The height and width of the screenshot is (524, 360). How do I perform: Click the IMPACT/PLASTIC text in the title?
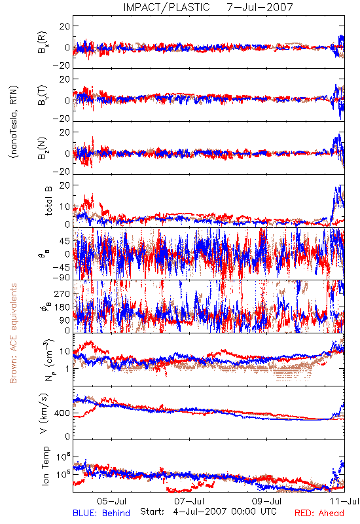166,7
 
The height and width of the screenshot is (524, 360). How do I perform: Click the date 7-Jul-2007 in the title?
260,7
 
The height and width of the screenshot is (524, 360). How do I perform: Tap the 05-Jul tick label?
111,501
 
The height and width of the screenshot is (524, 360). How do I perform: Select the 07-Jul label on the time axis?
189,501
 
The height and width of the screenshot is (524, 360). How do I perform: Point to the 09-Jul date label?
267,501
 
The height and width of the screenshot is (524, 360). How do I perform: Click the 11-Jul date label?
344,501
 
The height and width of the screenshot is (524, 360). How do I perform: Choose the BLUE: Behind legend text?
101,513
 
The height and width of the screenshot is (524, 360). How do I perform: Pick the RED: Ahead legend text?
319,513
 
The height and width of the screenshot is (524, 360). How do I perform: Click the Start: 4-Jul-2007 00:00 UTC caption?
208,512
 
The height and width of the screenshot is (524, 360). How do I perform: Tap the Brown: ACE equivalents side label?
13,333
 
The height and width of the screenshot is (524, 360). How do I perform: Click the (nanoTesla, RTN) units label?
14,122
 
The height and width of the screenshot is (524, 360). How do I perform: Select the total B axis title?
48,201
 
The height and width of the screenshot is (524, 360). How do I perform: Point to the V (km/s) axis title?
45,414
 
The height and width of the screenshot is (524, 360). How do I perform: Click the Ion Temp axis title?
45,466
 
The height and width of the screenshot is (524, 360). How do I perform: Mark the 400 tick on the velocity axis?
62,413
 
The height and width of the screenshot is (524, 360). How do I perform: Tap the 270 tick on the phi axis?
62,294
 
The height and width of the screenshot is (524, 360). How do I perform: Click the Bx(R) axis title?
43,43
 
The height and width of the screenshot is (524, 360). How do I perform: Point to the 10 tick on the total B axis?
65,206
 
